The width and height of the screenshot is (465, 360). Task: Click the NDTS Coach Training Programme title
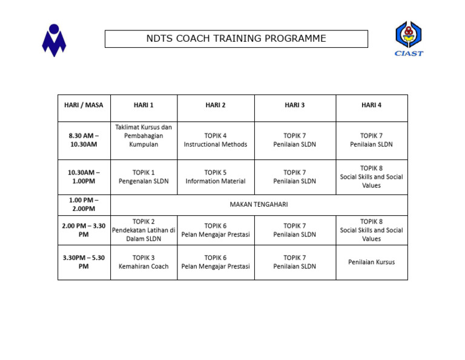(236, 39)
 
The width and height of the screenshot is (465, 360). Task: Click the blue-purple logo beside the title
(54, 40)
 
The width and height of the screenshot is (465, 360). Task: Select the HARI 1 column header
(143, 105)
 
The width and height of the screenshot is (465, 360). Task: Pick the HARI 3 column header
(294, 105)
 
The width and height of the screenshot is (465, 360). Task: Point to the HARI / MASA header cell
(84, 105)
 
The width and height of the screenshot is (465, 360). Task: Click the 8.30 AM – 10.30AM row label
(84, 140)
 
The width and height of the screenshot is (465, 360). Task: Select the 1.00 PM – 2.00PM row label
(84, 205)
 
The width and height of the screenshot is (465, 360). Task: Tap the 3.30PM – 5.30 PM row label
(84, 262)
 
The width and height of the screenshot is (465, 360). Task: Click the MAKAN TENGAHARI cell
(259, 205)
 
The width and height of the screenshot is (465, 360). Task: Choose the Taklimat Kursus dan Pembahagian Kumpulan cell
(143, 136)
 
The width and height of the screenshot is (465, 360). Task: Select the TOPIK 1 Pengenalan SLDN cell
(143, 176)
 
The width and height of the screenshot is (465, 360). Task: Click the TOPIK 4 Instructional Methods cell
(216, 140)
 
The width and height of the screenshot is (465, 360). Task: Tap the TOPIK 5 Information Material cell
(216, 176)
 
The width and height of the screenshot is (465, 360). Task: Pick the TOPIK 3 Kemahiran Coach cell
(143, 262)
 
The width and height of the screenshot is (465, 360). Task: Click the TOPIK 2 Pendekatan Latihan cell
(143, 230)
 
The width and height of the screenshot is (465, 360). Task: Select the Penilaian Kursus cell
(371, 262)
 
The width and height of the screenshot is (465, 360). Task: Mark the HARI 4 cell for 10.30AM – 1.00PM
(371, 176)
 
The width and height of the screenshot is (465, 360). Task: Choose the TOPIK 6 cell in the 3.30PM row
(216, 262)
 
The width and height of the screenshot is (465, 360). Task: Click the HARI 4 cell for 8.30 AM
(371, 140)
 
